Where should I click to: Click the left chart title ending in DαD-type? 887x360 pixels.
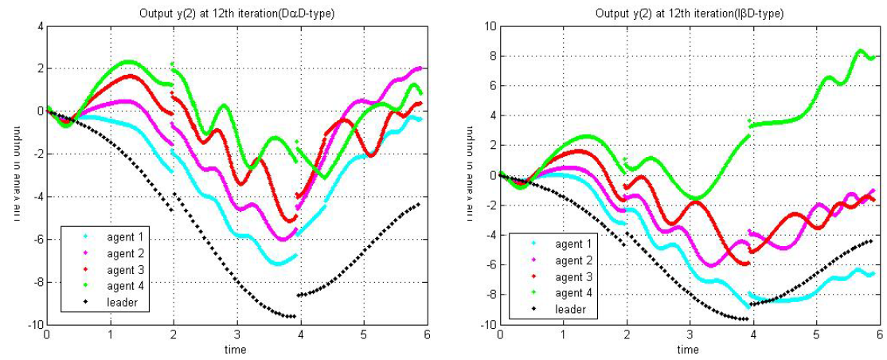point(236,13)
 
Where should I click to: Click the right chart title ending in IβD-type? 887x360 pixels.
point(689,13)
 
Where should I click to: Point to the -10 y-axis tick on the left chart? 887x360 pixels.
point(33,325)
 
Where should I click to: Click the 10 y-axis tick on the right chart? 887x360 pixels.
point(487,25)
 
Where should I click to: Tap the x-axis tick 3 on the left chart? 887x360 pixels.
point(236,335)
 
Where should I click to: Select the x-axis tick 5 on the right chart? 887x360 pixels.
point(816,335)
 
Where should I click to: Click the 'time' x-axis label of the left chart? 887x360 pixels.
point(236,349)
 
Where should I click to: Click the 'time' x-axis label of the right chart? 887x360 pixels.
point(689,349)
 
